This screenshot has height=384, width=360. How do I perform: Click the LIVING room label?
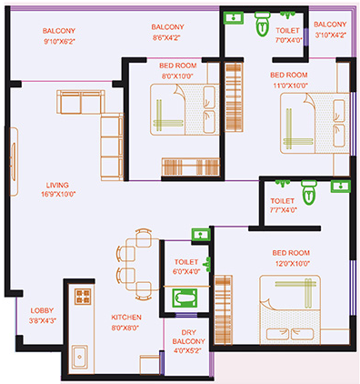coord(58,183)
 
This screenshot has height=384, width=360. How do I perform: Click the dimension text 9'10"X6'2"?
coord(58,39)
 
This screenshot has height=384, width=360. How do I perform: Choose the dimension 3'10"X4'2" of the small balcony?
coord(328,35)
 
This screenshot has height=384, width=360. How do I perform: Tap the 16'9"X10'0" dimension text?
coord(58,194)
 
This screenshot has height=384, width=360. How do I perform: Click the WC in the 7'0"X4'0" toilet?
coord(262,20)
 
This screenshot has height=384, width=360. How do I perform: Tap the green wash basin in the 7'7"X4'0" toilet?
coord(341,186)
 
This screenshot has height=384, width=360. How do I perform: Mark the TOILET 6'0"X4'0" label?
coord(186,267)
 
